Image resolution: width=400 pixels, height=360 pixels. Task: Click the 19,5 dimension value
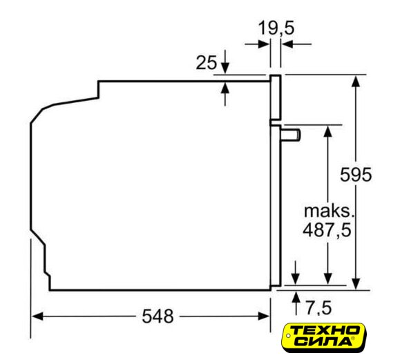pyautogui.click(x=276, y=28)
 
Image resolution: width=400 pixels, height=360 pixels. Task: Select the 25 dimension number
pyautogui.click(x=206, y=62)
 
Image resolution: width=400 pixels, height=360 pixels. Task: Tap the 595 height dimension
pyautogui.click(x=356, y=175)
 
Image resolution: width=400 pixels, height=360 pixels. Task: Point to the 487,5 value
pyautogui.click(x=327, y=230)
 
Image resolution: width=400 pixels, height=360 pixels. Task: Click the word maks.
pyautogui.click(x=329, y=211)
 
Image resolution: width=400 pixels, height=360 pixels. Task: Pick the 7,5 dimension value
pyautogui.click(x=319, y=307)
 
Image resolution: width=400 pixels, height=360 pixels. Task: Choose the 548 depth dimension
pyautogui.click(x=158, y=316)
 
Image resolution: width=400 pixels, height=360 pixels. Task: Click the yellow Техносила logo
pyautogui.click(x=323, y=337)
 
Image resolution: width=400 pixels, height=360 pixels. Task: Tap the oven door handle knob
pyautogui.click(x=291, y=135)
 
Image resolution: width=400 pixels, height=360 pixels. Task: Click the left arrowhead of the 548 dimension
pyautogui.click(x=37, y=316)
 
